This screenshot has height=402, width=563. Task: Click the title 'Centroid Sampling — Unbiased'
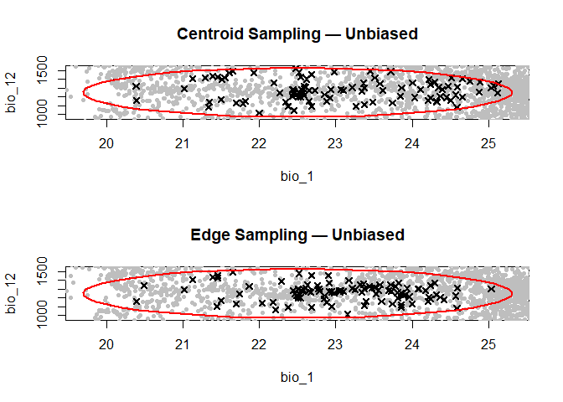tap(297, 34)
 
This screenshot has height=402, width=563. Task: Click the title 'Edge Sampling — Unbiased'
tap(297, 235)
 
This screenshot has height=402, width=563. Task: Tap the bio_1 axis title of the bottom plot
tap(297, 378)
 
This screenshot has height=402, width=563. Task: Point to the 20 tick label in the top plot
tap(106, 142)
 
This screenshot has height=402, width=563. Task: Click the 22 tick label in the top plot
tap(260, 142)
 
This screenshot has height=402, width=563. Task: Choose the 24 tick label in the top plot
tap(412, 142)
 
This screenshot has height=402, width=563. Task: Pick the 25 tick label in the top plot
tap(488, 142)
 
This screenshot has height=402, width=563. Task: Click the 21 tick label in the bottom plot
tap(183, 343)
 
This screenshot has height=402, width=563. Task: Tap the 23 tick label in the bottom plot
tap(336, 343)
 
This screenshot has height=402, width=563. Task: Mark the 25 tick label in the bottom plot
tap(488, 343)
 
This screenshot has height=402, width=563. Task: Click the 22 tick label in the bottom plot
tap(260, 343)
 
